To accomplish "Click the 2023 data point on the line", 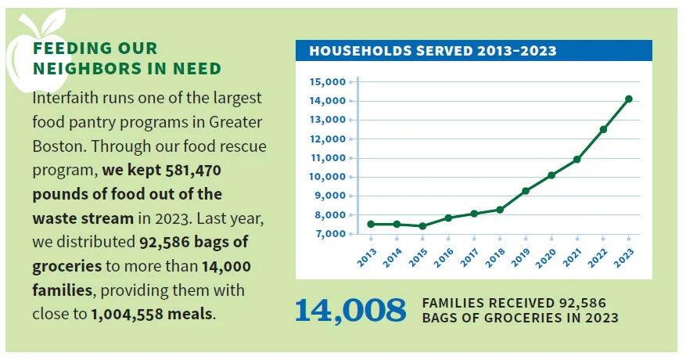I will click(x=629, y=99).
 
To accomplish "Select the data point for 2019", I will click(x=526, y=191).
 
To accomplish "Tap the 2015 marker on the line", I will click(x=422, y=226).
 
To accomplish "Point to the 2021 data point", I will click(x=577, y=160).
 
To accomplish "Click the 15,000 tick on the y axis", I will click(x=328, y=82).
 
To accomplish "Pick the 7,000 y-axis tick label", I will click(x=330, y=234).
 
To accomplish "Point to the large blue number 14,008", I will click(x=350, y=310).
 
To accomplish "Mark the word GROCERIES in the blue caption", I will click(x=507, y=318).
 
